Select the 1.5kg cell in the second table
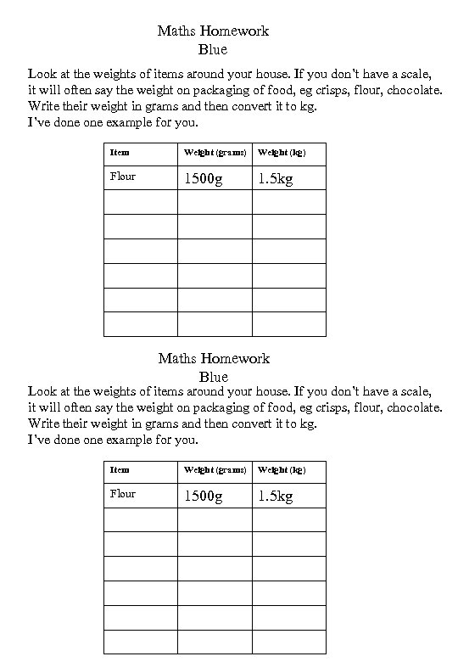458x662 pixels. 276,496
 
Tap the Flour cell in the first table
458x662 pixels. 123,177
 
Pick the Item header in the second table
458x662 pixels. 120,469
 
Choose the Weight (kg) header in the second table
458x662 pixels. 281,469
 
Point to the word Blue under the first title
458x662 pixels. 213,49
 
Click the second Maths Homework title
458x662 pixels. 213,358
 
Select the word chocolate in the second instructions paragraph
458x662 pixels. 411,407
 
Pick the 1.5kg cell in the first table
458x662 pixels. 276,178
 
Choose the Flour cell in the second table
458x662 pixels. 123,494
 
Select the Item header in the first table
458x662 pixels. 120,153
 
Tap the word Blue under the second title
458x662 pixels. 213,376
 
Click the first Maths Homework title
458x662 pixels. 213,31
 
